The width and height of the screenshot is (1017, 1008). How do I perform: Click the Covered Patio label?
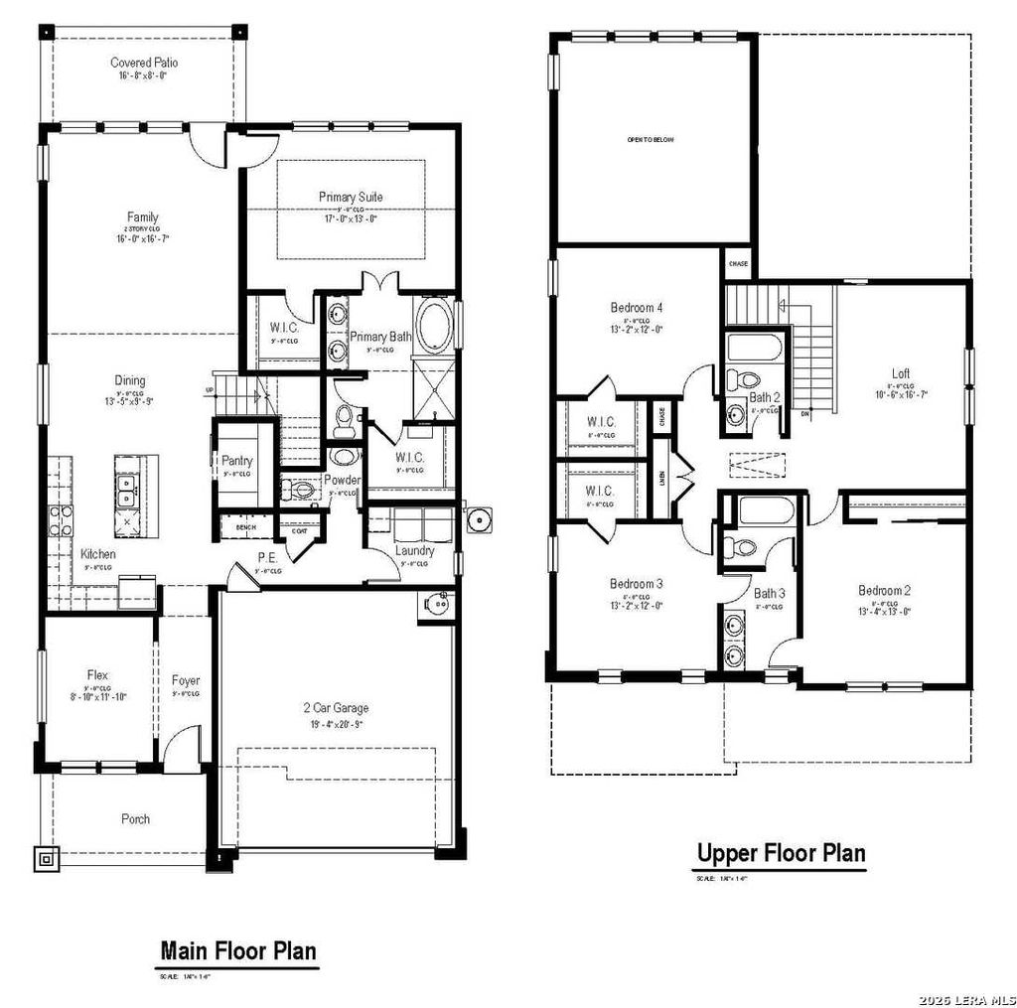pyautogui.click(x=144, y=63)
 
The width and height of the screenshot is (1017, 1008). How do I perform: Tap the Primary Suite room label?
pyautogui.click(x=350, y=197)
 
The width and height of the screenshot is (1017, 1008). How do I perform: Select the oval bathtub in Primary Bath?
pyautogui.click(x=434, y=329)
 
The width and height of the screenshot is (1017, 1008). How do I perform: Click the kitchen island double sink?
pyautogui.click(x=127, y=486)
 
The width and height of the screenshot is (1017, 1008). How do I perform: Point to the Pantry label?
pyautogui.click(x=236, y=461)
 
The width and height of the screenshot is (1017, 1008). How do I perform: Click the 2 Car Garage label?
pyautogui.click(x=336, y=708)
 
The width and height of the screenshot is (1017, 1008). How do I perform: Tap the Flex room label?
pyautogui.click(x=97, y=675)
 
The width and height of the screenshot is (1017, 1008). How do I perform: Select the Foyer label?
pyautogui.click(x=185, y=680)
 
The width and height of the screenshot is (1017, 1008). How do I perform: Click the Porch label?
pyautogui.click(x=136, y=819)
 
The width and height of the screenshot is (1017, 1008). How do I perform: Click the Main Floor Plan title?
pyautogui.click(x=238, y=950)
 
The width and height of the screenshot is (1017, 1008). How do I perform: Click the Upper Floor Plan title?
pyautogui.click(x=781, y=852)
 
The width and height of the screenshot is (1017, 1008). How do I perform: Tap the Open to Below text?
pyautogui.click(x=650, y=140)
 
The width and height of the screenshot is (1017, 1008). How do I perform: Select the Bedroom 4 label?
pyautogui.click(x=637, y=307)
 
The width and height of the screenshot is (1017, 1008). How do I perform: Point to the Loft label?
pyautogui.click(x=900, y=373)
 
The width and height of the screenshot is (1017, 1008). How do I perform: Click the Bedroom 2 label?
pyautogui.click(x=884, y=590)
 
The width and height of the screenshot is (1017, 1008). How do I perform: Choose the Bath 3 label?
pyautogui.click(x=769, y=594)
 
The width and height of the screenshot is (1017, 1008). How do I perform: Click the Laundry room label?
pyautogui.click(x=414, y=550)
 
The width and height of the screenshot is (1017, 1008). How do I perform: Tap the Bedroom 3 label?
pyautogui.click(x=637, y=583)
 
